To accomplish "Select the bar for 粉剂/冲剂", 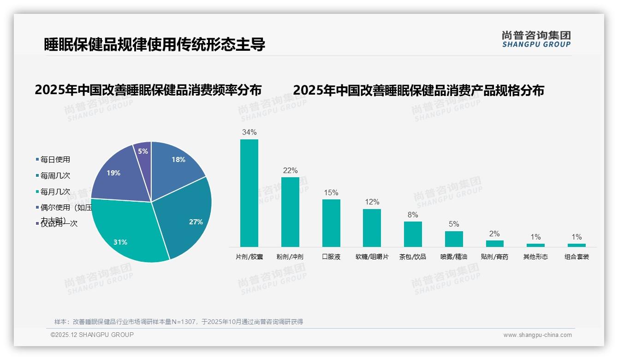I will click(290, 212).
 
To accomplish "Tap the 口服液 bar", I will click(331, 223).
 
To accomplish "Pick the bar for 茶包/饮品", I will click(413, 234).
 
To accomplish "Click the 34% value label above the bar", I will click(249, 132).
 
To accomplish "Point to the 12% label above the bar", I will click(372, 202).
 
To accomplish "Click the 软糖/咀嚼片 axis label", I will click(372, 257).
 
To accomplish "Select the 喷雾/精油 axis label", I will click(454, 257).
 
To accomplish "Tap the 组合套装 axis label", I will click(576, 257).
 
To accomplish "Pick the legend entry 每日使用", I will click(55, 160).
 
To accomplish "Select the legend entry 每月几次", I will click(55, 192).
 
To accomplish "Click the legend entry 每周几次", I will click(55, 176).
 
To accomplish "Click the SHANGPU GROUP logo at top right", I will click(536, 39).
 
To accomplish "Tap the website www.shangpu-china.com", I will click(537, 335).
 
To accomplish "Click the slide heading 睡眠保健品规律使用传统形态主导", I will click(154, 45).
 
